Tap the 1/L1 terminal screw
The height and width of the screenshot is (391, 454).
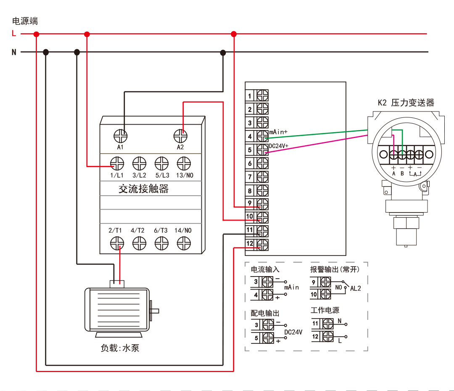[117, 163]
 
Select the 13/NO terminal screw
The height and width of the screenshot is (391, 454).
[184, 163]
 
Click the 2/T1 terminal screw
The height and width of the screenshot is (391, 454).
[117, 243]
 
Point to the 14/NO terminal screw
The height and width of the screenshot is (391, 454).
[184, 243]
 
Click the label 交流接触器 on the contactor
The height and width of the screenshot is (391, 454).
[144, 189]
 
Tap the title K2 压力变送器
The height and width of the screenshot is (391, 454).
[406, 103]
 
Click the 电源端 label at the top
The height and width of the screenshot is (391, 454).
[25, 21]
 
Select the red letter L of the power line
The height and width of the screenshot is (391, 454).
[14, 34]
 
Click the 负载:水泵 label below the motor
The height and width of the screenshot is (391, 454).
[119, 348]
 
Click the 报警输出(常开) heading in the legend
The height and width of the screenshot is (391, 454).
[335, 269]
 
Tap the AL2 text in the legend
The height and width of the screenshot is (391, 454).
[355, 289]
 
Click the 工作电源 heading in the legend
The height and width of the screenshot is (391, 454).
[325, 310]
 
